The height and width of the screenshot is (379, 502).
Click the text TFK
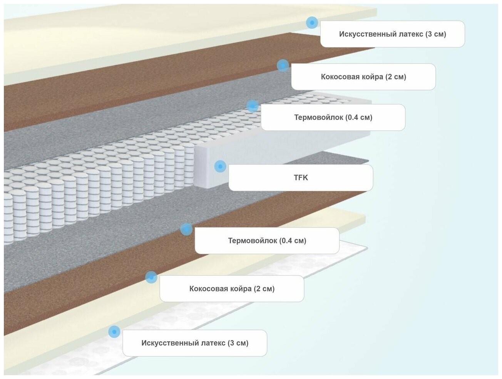click(x=301, y=178)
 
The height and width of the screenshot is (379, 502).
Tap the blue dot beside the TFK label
click(x=220, y=166)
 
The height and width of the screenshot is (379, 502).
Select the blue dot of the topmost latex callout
click(x=312, y=23)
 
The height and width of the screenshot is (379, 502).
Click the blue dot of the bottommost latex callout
click(x=114, y=332)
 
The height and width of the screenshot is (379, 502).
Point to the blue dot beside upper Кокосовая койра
click(x=283, y=66)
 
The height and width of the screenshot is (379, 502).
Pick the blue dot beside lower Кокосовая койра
click(x=151, y=277)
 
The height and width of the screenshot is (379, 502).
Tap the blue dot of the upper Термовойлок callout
click(x=253, y=106)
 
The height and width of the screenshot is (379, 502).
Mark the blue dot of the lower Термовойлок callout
click(x=186, y=229)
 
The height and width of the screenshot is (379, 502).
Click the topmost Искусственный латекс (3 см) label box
click(x=392, y=34)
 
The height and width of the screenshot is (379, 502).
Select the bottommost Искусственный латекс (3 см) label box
click(x=195, y=343)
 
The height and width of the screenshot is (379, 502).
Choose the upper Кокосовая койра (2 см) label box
click(x=363, y=77)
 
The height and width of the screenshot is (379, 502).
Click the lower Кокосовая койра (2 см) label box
click(x=232, y=289)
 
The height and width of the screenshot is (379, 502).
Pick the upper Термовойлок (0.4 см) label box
click(x=333, y=118)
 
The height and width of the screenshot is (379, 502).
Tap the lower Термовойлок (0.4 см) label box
click(x=267, y=241)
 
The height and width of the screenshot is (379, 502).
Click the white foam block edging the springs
click(x=208, y=166)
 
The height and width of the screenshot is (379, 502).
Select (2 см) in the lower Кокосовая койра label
click(x=264, y=289)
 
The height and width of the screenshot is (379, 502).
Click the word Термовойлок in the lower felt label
click(x=253, y=241)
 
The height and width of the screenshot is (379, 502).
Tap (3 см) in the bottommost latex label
click(x=238, y=343)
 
